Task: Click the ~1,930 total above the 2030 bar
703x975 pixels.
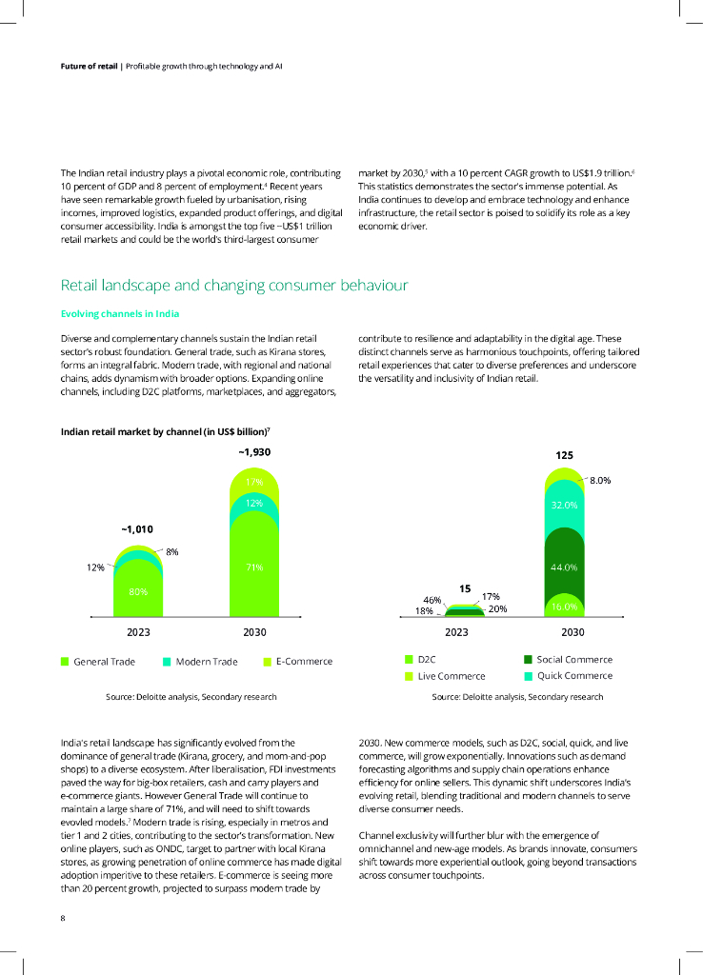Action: (254, 452)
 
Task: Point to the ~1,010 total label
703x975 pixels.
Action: (137, 528)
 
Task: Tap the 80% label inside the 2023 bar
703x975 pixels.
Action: (138, 591)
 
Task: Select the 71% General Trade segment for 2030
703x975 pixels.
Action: (254, 567)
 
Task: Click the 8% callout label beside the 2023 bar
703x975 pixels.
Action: (172, 551)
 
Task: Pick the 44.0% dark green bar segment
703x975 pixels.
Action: (565, 567)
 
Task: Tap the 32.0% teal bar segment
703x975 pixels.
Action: (565, 505)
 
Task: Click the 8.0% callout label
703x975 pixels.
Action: (600, 481)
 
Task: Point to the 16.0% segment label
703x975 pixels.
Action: (565, 606)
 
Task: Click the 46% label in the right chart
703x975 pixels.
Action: (432, 600)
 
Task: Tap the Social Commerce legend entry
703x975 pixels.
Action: (573, 659)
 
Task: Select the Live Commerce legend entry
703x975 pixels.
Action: (451, 676)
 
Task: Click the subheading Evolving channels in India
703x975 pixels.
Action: (120, 314)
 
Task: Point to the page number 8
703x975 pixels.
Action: (63, 919)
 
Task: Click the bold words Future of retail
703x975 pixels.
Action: (90, 67)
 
